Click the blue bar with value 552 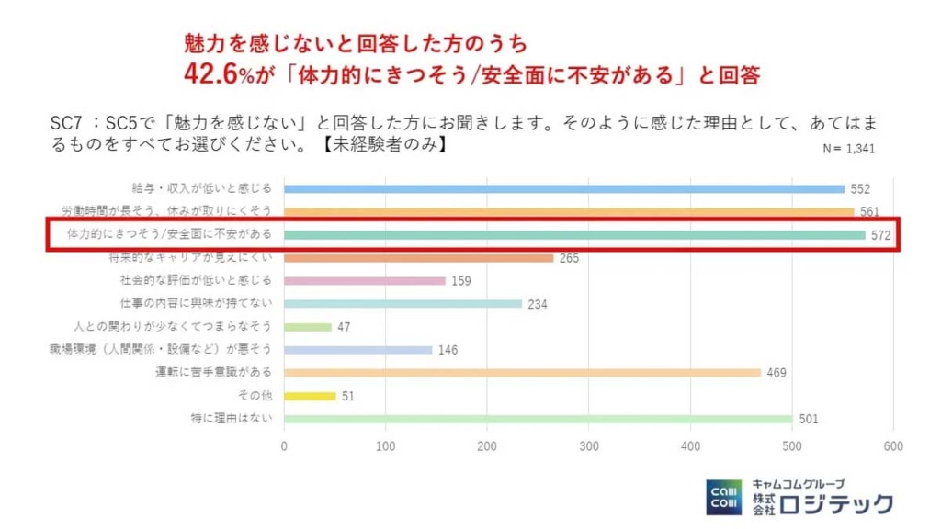coord(563,189)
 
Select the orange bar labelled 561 coord(569,212)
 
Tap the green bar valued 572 coord(574,235)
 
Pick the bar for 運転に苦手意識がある coord(522,373)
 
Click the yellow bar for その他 coord(310,396)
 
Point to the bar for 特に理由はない coord(538,419)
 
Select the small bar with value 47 coord(307,327)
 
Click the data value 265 coord(569,258)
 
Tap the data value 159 coord(461,281)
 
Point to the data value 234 coord(538,304)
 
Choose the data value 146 coord(448,350)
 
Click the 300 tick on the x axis coord(588,446)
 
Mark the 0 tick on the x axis coord(284,446)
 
